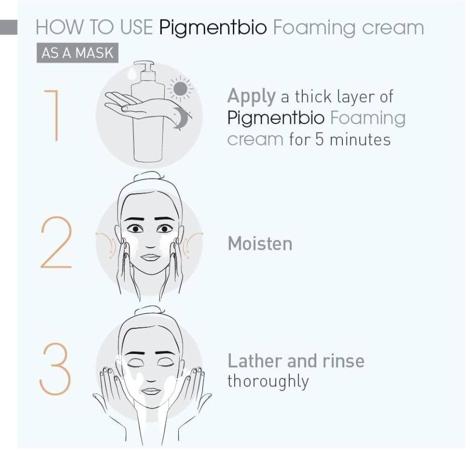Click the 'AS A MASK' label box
[77, 53]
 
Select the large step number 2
[56, 242]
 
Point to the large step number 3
[56, 369]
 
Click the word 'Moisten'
[260, 244]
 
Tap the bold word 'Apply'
[251, 97]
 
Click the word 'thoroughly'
[268, 381]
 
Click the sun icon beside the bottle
[181, 89]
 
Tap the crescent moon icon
[180, 117]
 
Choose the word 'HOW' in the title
[60, 28]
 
